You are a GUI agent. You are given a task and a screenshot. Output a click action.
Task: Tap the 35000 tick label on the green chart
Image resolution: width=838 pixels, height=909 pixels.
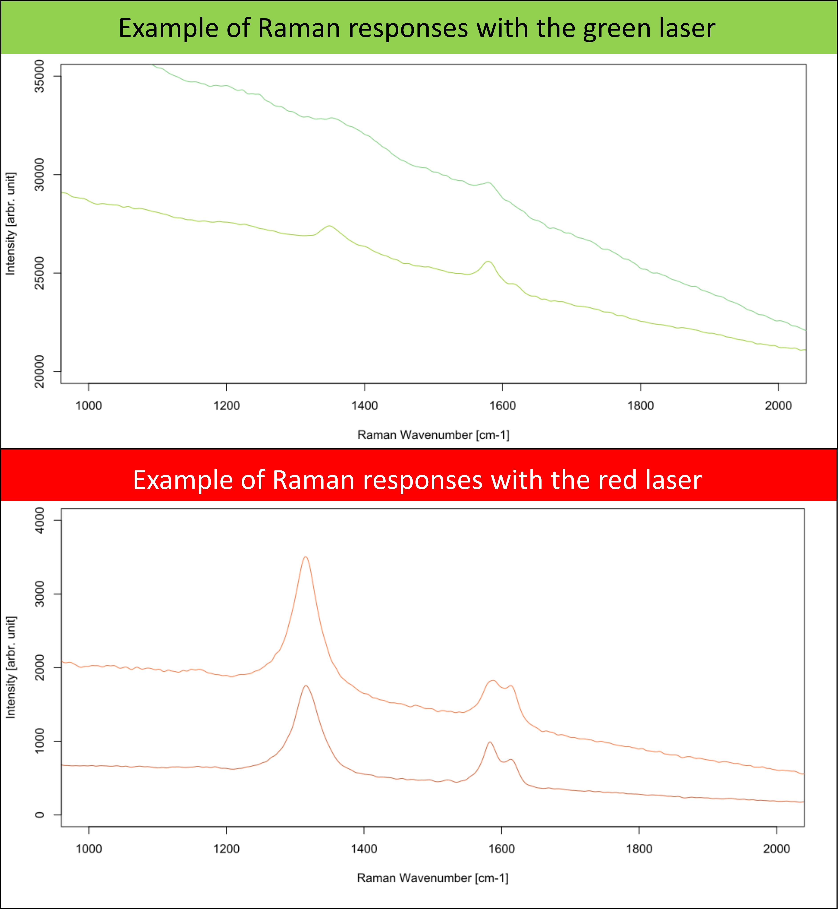(x=40, y=76)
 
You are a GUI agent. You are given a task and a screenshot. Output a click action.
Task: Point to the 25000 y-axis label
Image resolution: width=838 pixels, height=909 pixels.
(x=40, y=273)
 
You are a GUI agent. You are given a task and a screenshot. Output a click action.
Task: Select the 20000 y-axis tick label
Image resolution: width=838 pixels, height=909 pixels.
(x=40, y=371)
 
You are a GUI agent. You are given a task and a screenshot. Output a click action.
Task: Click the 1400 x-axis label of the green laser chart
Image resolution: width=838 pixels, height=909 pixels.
(x=365, y=405)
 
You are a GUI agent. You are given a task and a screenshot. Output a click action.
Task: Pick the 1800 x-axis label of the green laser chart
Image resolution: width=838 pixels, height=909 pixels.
(x=640, y=405)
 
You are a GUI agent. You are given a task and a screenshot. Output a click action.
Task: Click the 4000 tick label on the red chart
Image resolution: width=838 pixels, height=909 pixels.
(x=40, y=520)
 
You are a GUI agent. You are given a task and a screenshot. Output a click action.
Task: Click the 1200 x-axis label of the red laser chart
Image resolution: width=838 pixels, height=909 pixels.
(x=226, y=849)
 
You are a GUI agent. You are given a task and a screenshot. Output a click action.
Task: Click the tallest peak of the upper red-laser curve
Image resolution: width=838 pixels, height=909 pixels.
(x=306, y=557)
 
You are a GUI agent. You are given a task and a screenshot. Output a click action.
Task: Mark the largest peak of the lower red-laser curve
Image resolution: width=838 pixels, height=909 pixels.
(x=306, y=686)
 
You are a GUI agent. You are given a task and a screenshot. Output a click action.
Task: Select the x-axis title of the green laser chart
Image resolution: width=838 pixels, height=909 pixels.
(x=433, y=435)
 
